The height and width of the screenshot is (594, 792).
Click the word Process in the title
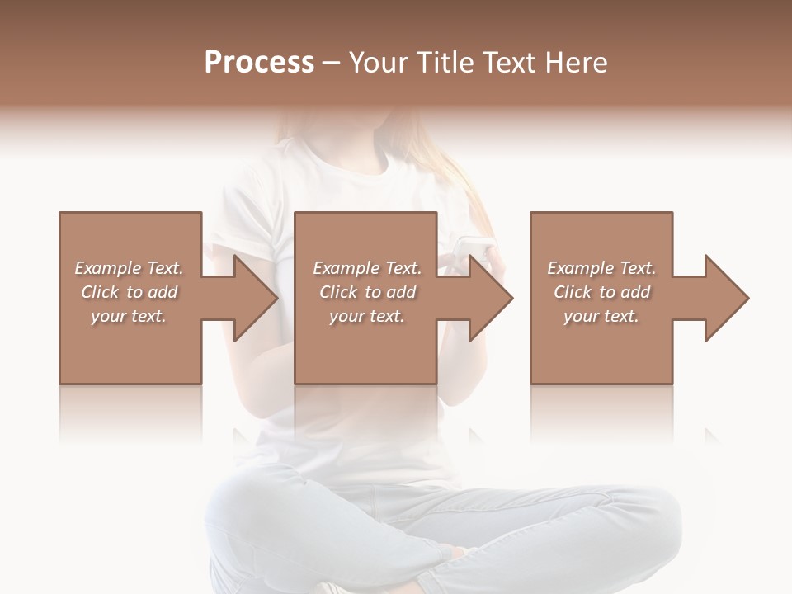pyautogui.click(x=259, y=63)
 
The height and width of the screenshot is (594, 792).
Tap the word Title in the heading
pyautogui.click(x=441, y=63)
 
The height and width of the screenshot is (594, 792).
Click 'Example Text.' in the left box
pyautogui.click(x=129, y=268)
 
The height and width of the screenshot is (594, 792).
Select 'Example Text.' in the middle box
pyautogui.click(x=367, y=268)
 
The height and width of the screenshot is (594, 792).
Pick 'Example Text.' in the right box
pyautogui.click(x=601, y=268)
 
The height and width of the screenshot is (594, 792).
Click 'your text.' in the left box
pyautogui.click(x=129, y=316)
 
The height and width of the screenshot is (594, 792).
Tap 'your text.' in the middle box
pyautogui.click(x=367, y=316)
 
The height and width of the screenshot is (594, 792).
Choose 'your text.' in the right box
pyautogui.click(x=601, y=316)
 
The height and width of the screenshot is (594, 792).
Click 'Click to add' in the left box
pyautogui.click(x=129, y=292)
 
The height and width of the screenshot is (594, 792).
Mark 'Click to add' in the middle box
pyautogui.click(x=367, y=292)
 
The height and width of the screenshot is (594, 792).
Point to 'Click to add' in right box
pyautogui.click(x=601, y=292)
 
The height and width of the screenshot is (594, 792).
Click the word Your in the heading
pyautogui.click(x=377, y=63)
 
